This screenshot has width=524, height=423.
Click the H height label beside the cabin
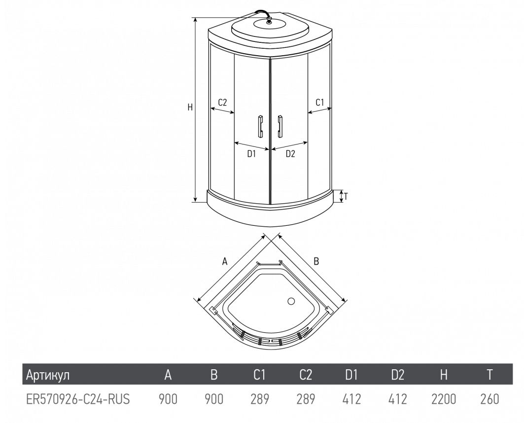point(190,107)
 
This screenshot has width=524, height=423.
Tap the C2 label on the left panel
point(222,102)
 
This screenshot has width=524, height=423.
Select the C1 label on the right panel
point(320,102)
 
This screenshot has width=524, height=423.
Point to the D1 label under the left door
point(251,154)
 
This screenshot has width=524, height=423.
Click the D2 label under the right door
point(290,154)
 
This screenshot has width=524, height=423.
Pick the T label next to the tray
point(346,197)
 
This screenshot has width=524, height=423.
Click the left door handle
point(260,126)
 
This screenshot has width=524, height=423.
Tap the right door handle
point(279,126)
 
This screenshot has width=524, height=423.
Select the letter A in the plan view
point(225,261)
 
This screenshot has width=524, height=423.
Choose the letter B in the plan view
point(316,261)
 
